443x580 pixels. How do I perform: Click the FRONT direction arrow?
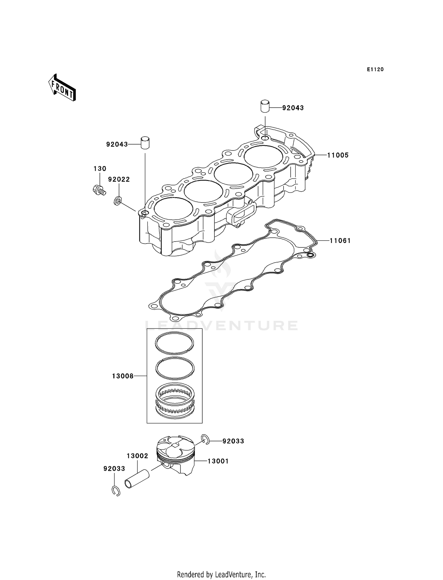click(62, 88)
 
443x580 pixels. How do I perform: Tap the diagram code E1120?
click(375, 69)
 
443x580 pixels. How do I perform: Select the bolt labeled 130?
click(99, 190)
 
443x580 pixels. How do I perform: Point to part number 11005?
click(338, 155)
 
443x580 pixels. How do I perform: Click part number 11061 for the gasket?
click(340, 241)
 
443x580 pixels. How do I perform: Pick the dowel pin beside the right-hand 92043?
click(265, 106)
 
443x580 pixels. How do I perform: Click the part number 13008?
click(123, 376)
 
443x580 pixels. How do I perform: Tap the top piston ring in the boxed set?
click(175, 342)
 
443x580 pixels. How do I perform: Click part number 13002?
click(137, 456)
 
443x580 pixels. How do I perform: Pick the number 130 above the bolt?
click(100, 169)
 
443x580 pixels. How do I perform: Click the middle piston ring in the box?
click(175, 368)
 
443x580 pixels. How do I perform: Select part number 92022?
click(119, 179)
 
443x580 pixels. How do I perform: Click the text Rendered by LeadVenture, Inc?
click(221, 574)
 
